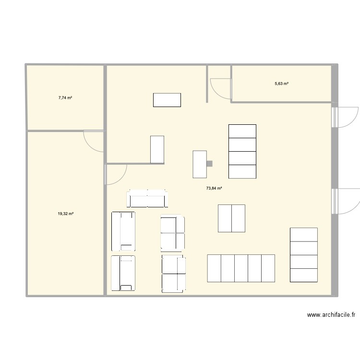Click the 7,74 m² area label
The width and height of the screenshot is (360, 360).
[65, 97]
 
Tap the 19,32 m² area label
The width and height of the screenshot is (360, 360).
[65, 214]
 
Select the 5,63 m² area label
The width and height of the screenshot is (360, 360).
[281, 84]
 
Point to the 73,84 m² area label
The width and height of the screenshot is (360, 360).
[214, 188]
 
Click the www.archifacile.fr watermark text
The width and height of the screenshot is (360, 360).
[331, 315]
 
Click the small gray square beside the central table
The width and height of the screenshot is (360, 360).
[209, 164]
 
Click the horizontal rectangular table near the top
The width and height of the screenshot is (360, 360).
[167, 100]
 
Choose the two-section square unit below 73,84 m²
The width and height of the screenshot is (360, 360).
[232, 218]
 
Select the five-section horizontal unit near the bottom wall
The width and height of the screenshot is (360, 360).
[241, 268]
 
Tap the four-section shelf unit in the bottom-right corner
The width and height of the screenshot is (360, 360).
[304, 254]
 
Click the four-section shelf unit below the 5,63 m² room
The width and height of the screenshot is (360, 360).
[242, 151]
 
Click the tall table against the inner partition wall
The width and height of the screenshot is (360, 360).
[157, 149]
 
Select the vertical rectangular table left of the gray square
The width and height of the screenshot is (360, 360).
[200, 165]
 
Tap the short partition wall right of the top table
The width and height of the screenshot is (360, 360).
[207, 84]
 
